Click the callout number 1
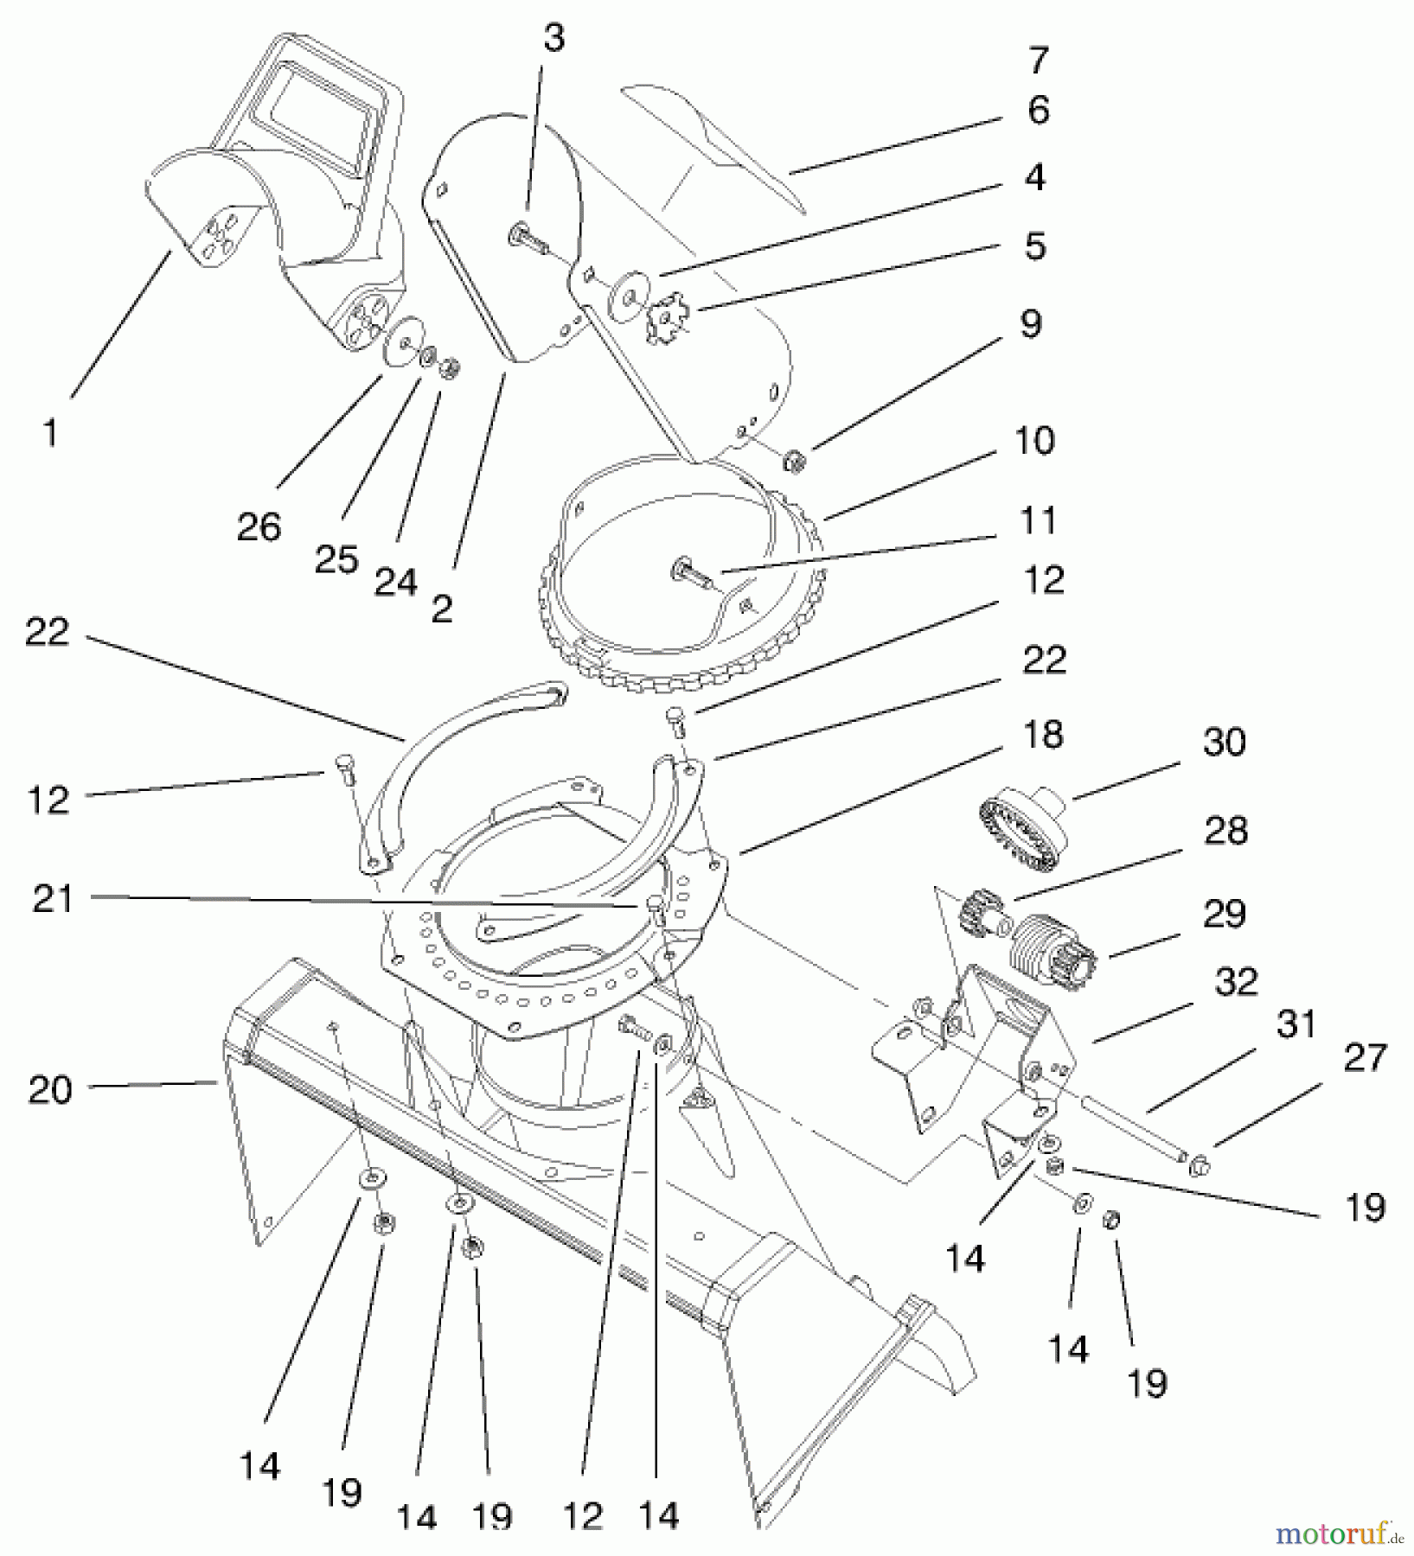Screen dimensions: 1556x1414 coord(50,433)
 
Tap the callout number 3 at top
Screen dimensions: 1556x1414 coord(553,39)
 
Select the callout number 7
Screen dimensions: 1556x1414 coord(1038,61)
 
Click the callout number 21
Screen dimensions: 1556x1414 coord(54,900)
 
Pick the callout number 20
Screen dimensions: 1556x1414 coord(50,1089)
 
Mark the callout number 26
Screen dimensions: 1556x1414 coord(259,526)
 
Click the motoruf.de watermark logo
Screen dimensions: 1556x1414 coord(1340,1534)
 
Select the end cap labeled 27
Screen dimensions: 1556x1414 coord(1200,1168)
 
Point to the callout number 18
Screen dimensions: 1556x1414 coord(1042,735)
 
